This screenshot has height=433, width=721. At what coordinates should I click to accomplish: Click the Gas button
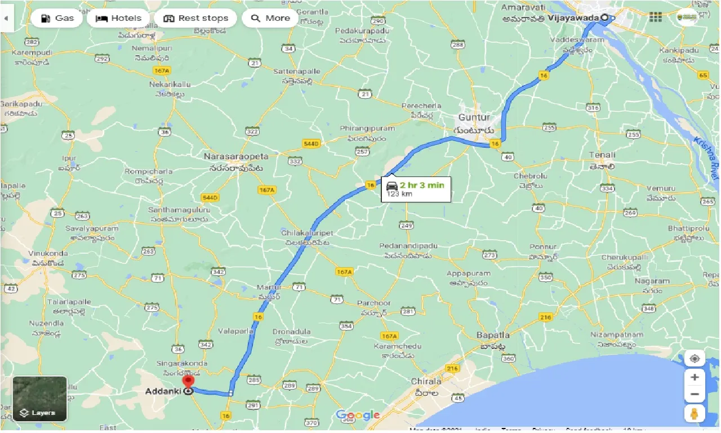click(57, 18)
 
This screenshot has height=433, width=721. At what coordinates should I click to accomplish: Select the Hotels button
click(118, 18)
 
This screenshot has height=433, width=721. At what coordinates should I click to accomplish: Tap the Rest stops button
click(197, 18)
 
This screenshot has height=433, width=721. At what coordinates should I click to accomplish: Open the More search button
click(270, 18)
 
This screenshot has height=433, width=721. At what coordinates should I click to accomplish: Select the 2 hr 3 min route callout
click(416, 188)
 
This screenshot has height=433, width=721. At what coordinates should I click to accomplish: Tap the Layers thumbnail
click(39, 399)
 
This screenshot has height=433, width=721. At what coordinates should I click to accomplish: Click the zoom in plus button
click(695, 377)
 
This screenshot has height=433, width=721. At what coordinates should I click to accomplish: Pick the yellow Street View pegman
click(695, 413)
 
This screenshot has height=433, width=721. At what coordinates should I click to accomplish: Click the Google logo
click(358, 416)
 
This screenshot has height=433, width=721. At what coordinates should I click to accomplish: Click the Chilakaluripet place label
click(308, 232)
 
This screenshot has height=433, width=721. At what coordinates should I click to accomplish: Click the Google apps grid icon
click(656, 17)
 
